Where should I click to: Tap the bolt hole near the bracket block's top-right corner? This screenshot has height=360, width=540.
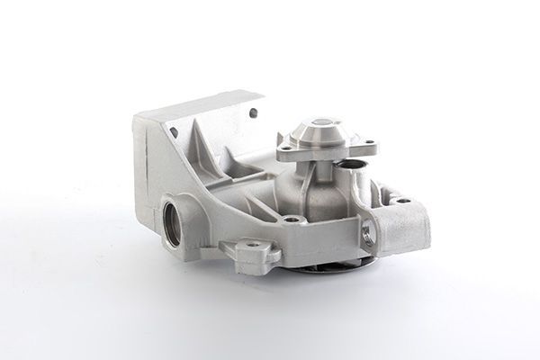[x=253, y=112]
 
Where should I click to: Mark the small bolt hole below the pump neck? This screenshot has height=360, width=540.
[x=291, y=219]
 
